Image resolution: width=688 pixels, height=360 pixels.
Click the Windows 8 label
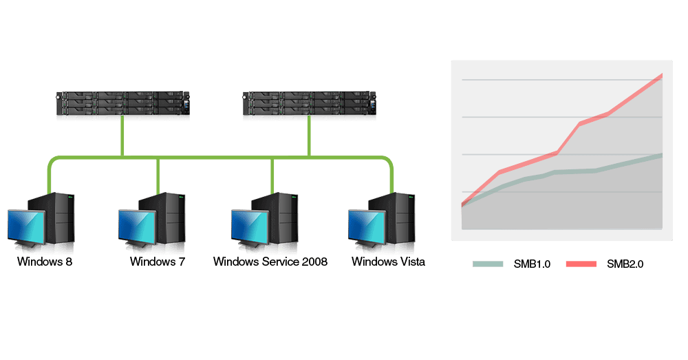[45, 262]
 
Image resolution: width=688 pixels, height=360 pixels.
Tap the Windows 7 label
[158, 262]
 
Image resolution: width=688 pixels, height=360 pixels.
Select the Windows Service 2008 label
[270, 262]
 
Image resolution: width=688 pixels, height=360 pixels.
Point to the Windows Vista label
[388, 262]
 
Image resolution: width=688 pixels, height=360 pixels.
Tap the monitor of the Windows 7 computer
[137, 226]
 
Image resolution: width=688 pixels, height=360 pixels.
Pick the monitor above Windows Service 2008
[250, 226]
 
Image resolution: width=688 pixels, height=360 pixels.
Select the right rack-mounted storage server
[309, 104]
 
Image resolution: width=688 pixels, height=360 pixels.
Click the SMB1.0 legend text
[532, 264]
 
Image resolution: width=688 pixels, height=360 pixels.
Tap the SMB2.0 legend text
[625, 264]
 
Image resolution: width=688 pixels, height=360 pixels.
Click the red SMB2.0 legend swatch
[579, 264]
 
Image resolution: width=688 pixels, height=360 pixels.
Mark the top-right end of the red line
[661, 75]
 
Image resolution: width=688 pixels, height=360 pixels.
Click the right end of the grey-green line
[661, 155]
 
